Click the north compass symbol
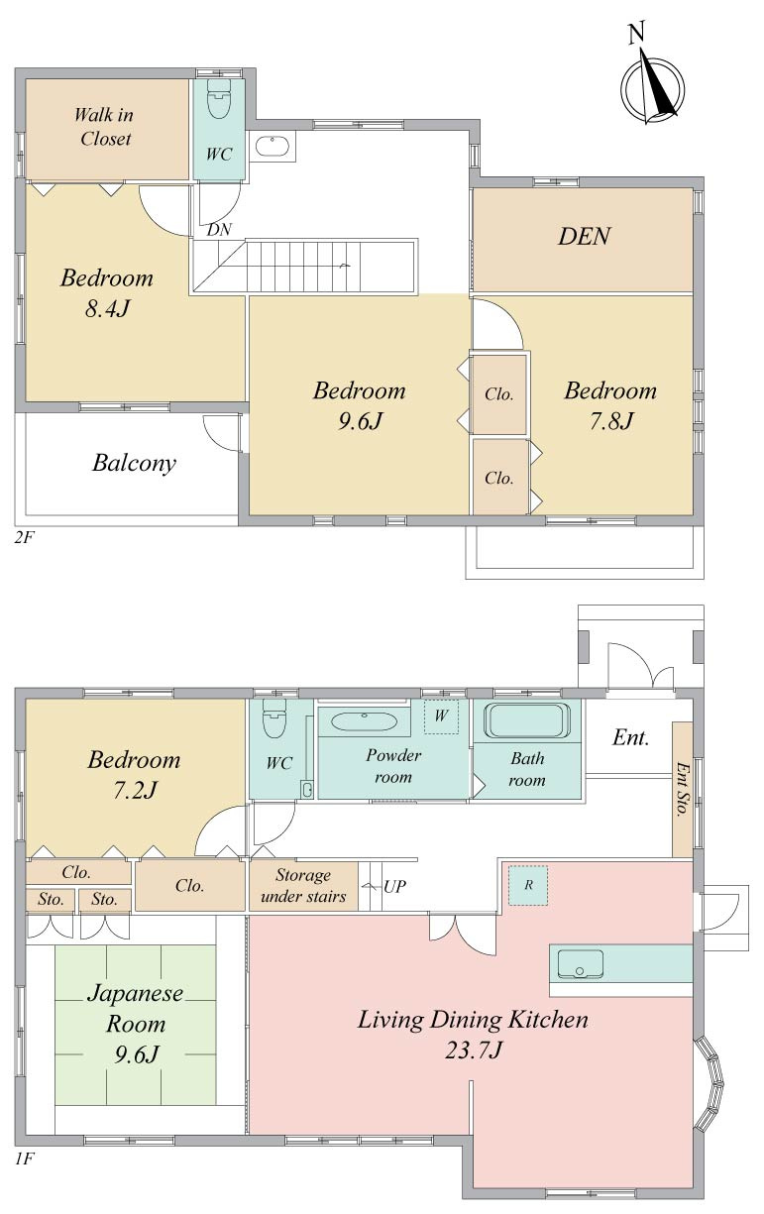tap(652, 85)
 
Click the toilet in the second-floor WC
tap(219, 99)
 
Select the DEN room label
tap(584, 236)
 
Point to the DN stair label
tap(219, 230)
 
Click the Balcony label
tap(134, 463)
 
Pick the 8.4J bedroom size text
tap(108, 309)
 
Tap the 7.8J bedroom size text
tap(611, 421)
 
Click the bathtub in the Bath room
tap(526, 720)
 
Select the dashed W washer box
tap(441, 716)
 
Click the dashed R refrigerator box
tap(528, 885)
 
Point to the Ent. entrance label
tap(630, 737)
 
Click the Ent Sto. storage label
tap(682, 789)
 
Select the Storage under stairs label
tap(303, 886)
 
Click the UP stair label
tap(394, 887)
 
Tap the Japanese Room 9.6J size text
tap(136, 1055)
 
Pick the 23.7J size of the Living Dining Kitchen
tap(473, 1050)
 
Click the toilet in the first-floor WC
tap(273, 718)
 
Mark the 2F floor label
tap(25, 537)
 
